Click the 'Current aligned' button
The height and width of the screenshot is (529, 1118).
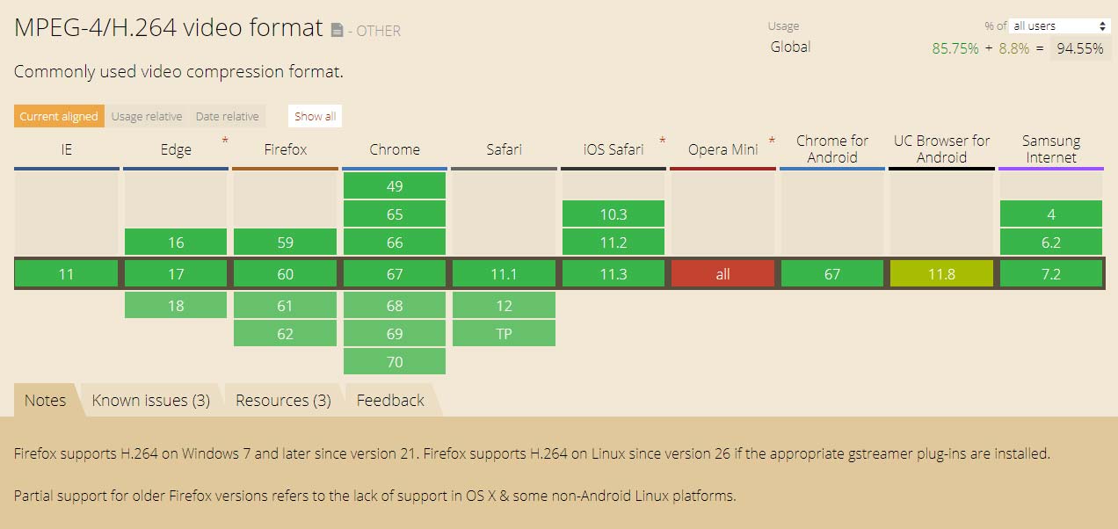(59, 116)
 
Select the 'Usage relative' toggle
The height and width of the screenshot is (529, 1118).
(147, 116)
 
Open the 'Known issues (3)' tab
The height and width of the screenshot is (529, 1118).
(150, 400)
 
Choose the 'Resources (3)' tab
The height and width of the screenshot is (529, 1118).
(283, 400)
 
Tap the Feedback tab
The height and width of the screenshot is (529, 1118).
(390, 400)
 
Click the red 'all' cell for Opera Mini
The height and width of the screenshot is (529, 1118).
(722, 274)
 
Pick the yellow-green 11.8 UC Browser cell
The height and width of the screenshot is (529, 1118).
(941, 274)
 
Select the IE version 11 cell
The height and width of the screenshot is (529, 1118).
(66, 274)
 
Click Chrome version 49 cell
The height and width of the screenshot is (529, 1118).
(395, 186)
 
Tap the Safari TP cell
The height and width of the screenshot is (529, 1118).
(505, 334)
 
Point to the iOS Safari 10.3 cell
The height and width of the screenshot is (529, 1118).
(613, 214)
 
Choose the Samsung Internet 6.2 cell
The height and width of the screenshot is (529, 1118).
(1051, 243)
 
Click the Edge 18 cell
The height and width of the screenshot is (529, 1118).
(176, 306)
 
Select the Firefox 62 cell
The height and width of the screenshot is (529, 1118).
(285, 334)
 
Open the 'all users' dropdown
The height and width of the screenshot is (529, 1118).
(1059, 26)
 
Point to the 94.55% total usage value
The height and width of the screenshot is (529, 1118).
(1080, 48)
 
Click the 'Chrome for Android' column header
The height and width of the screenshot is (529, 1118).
(832, 149)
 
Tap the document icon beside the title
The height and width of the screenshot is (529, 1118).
(338, 31)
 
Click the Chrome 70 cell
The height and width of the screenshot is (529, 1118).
(395, 362)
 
